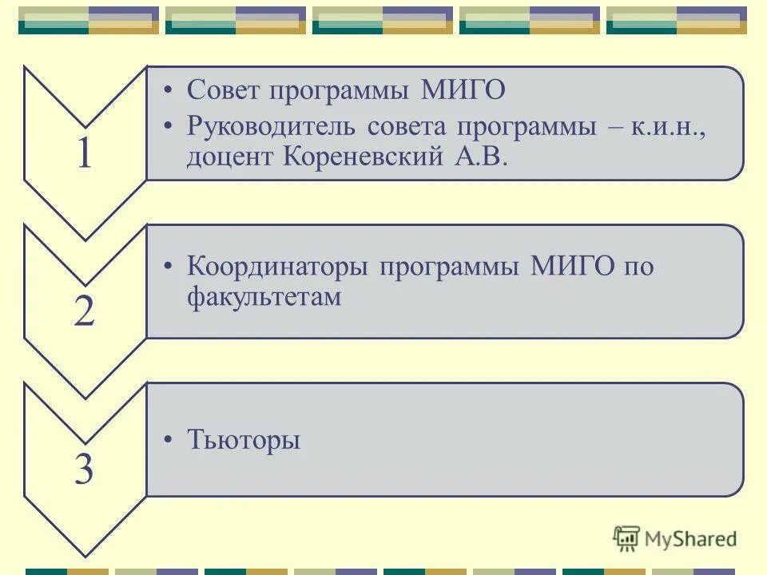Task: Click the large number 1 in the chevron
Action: click(x=85, y=154)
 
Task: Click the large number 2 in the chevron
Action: click(x=85, y=311)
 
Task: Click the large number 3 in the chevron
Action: click(x=85, y=470)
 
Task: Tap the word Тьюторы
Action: click(x=244, y=440)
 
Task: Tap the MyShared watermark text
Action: click(x=690, y=539)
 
